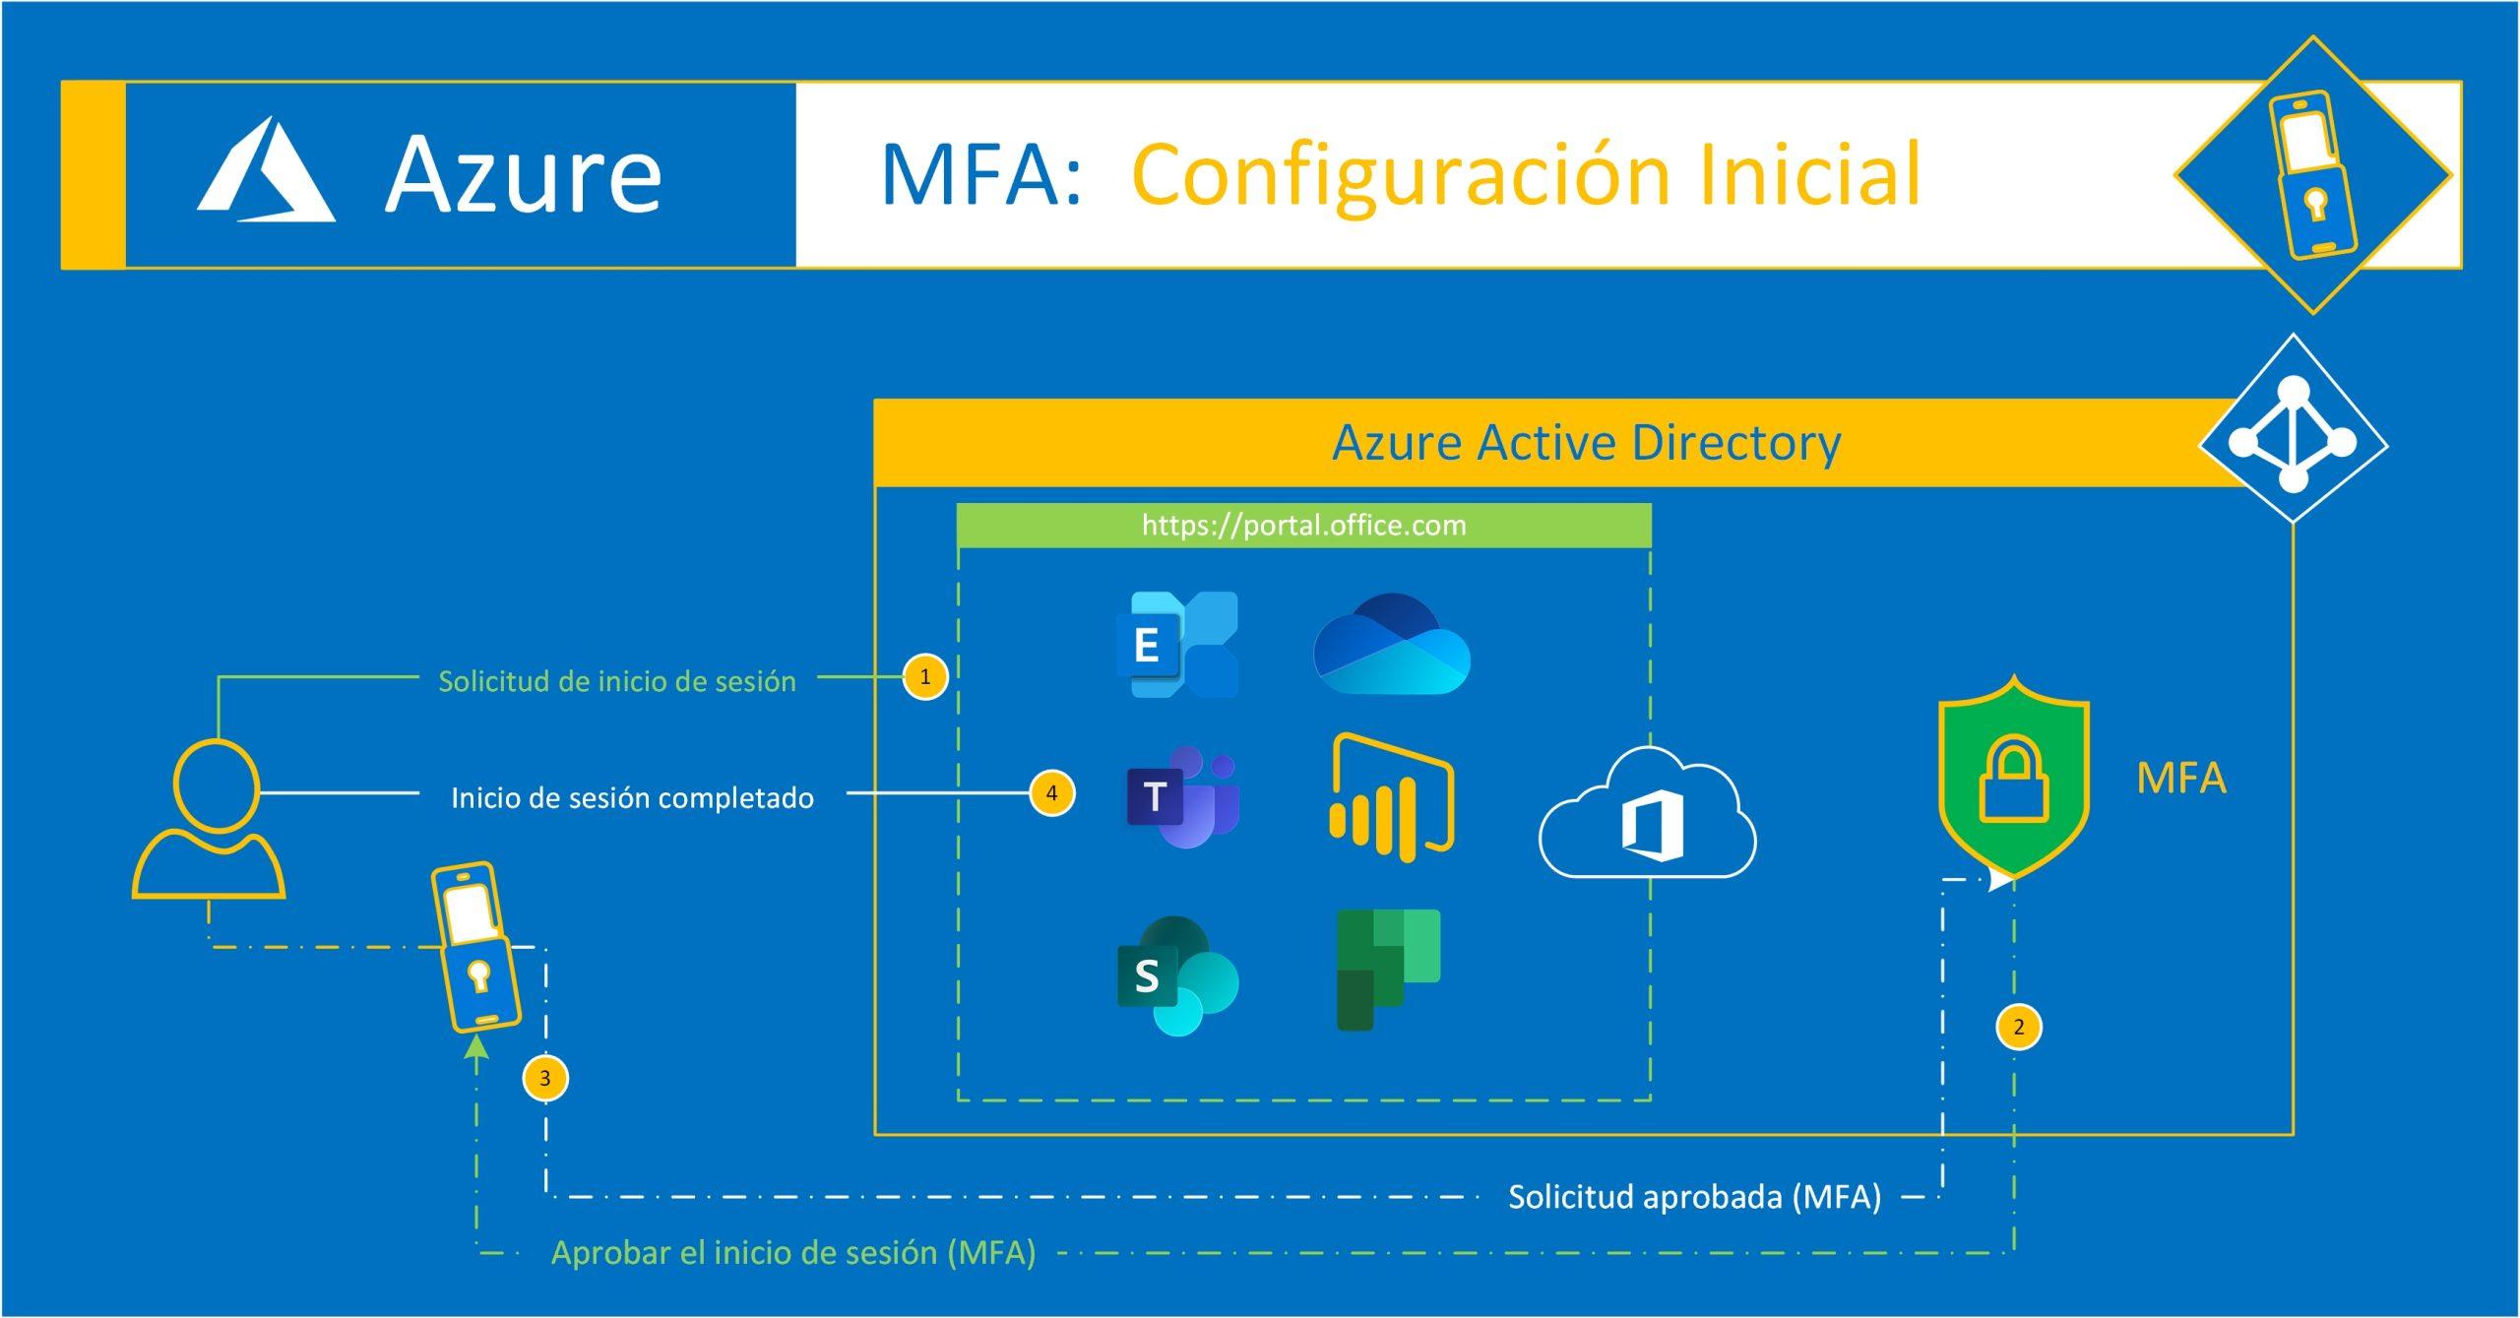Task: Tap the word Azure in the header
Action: click(x=523, y=175)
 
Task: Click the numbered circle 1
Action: click(x=925, y=677)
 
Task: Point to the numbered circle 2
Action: click(x=2019, y=1028)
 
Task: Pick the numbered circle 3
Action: click(x=545, y=1078)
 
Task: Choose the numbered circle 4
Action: click(x=1051, y=793)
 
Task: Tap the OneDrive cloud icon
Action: click(x=1391, y=644)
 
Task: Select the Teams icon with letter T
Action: click(x=1181, y=796)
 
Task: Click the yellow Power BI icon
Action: click(x=1392, y=797)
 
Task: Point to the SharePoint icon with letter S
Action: click(x=1176, y=975)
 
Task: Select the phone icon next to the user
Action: click(x=476, y=947)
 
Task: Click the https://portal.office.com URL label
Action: click(x=1303, y=526)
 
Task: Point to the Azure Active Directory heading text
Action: click(x=1586, y=443)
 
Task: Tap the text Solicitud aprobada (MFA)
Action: click(x=1694, y=1197)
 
